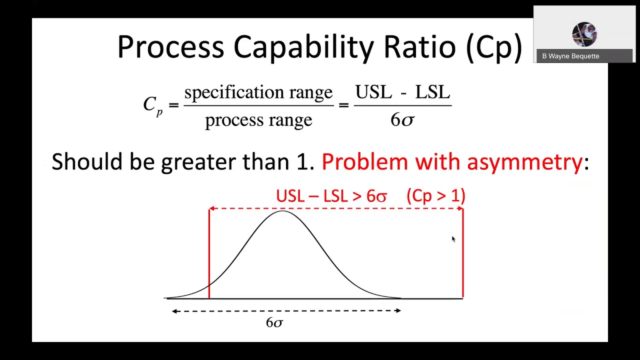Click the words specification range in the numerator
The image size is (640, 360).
tap(258, 92)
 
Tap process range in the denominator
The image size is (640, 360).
tap(258, 120)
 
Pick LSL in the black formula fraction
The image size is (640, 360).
tap(432, 92)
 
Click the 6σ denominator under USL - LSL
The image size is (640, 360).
tap(402, 120)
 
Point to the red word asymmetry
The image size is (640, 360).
tap(524, 162)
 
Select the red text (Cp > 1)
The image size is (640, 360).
tap(436, 195)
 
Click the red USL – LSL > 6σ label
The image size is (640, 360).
tap(331, 196)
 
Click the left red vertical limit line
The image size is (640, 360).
tap(209, 255)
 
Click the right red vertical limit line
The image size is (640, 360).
tap(463, 255)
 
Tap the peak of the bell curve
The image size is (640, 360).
tap(282, 211)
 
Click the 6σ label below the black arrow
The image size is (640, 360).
tap(274, 323)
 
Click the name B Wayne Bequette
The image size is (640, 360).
tap(570, 56)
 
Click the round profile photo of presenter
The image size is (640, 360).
tap(584, 34)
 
